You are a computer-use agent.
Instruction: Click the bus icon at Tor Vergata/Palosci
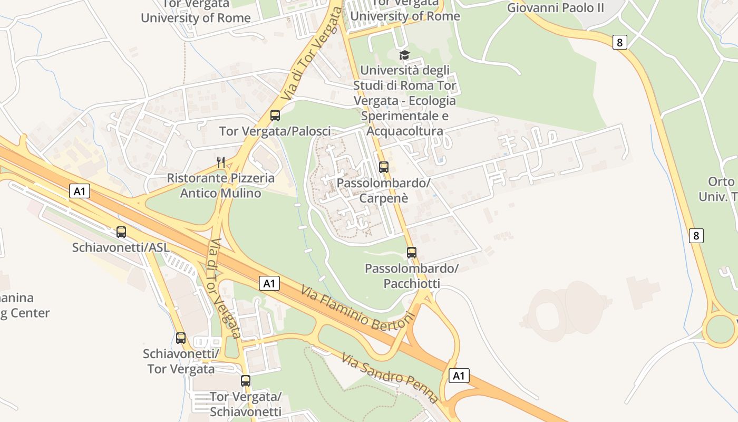coord(275,116)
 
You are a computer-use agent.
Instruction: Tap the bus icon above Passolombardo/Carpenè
coord(384,167)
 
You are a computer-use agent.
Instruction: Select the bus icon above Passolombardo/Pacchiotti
coord(412,253)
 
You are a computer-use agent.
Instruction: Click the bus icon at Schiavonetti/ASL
coord(121,232)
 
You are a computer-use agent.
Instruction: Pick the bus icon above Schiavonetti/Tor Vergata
coord(181,338)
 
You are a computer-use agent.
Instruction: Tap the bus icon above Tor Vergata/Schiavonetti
coord(246,381)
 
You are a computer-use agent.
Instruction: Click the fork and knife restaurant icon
coord(221,162)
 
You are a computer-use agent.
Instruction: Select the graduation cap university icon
coord(404,55)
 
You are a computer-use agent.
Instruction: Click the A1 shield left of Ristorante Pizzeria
coord(80,191)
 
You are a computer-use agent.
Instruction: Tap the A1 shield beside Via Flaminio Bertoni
coord(269,284)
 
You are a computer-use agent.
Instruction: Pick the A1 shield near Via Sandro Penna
coord(459,376)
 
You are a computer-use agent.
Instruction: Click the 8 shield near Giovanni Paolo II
coord(620,42)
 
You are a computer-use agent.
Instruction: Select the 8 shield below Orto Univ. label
coord(696,235)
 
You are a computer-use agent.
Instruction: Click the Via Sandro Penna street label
coord(390,378)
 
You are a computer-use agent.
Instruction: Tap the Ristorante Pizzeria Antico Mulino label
coord(221,186)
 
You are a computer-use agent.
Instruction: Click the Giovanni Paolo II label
coord(555,8)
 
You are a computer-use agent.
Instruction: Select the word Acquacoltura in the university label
coord(404,131)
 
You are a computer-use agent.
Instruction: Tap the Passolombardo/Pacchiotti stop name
coord(412,276)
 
